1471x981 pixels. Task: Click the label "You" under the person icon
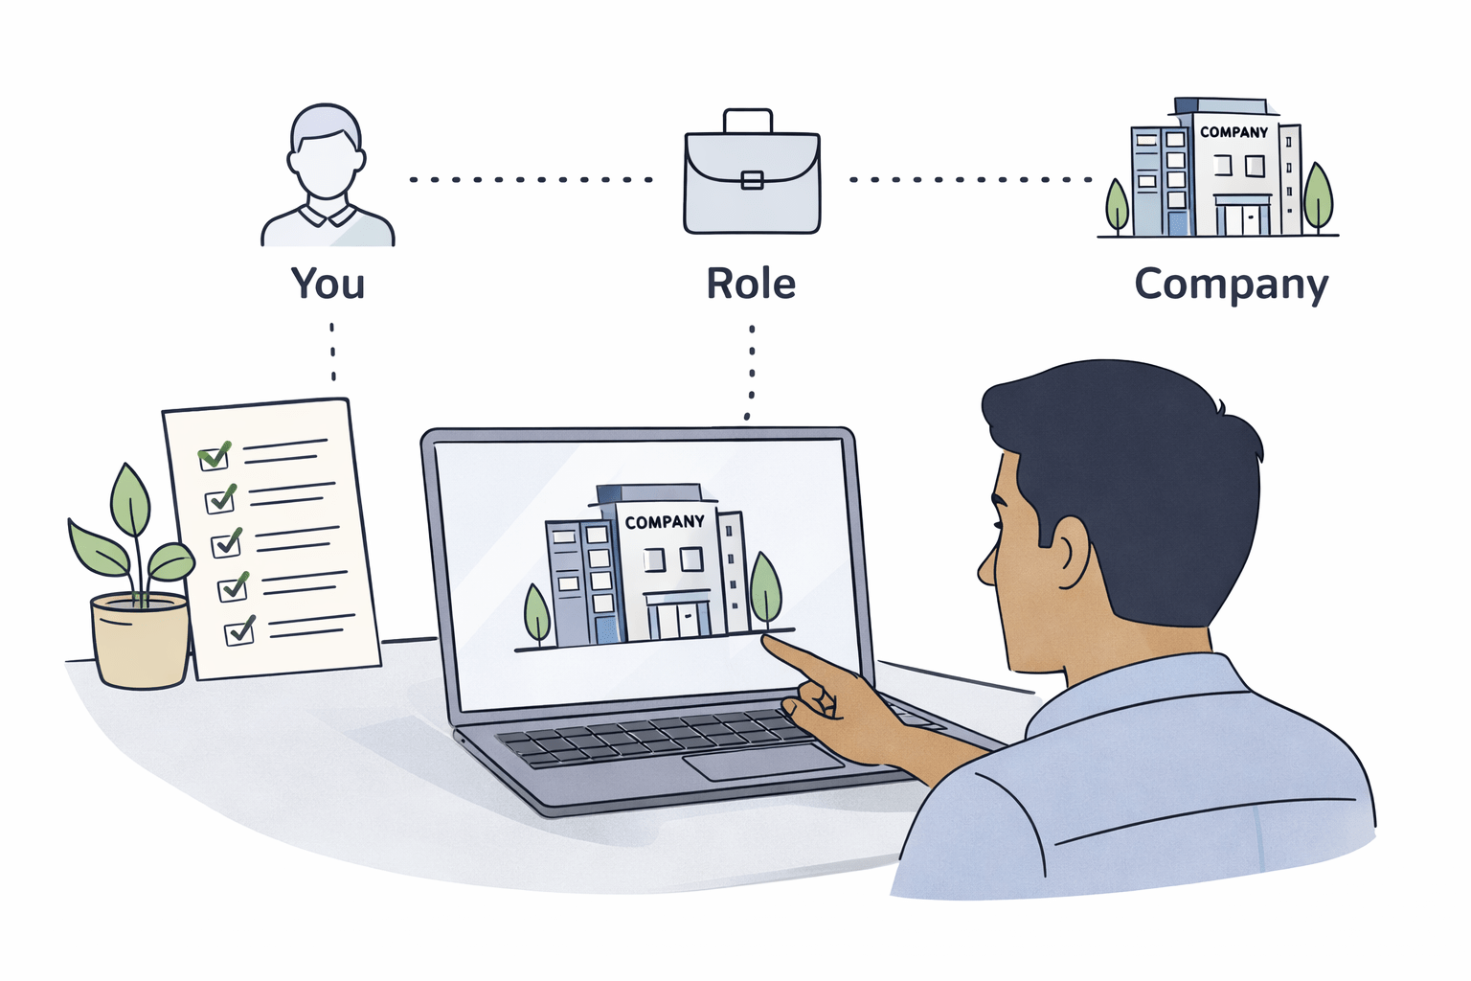coord(328,284)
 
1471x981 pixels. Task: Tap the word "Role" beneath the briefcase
coord(751,284)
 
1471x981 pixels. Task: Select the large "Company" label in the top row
coord(1231,285)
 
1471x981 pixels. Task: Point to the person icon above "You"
coord(327,176)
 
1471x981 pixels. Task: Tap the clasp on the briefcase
coord(752,179)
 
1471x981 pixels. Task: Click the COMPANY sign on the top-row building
coord(1233,132)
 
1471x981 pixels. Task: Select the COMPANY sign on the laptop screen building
coord(665,522)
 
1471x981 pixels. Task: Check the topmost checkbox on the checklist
coord(213,458)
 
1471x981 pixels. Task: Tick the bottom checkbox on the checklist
coord(238,632)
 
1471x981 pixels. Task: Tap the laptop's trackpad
coord(762,761)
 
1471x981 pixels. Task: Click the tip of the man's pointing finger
coord(767,642)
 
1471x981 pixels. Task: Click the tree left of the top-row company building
coord(1117,203)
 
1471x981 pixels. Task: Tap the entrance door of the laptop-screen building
coord(677,618)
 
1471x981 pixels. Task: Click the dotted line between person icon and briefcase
coord(532,179)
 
